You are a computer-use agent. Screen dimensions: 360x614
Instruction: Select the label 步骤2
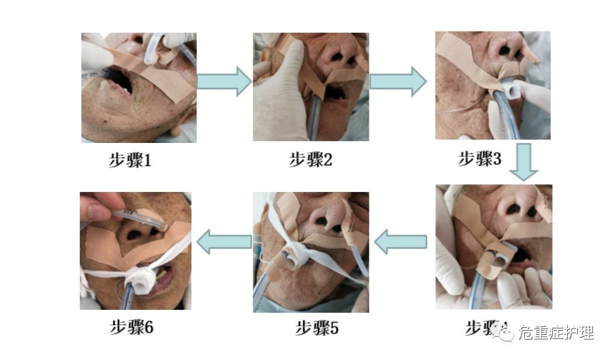click(x=310, y=160)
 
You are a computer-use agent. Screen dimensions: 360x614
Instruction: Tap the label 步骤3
click(x=479, y=159)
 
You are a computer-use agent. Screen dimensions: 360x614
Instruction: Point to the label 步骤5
click(x=316, y=328)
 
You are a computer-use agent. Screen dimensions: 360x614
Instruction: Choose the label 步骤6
click(x=131, y=327)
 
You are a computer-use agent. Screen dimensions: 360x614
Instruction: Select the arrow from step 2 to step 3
click(x=399, y=81)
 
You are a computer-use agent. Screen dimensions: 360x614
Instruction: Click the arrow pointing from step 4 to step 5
click(x=400, y=242)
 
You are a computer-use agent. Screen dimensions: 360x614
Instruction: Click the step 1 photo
click(x=138, y=88)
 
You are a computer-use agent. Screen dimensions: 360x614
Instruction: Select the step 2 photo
click(x=311, y=86)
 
